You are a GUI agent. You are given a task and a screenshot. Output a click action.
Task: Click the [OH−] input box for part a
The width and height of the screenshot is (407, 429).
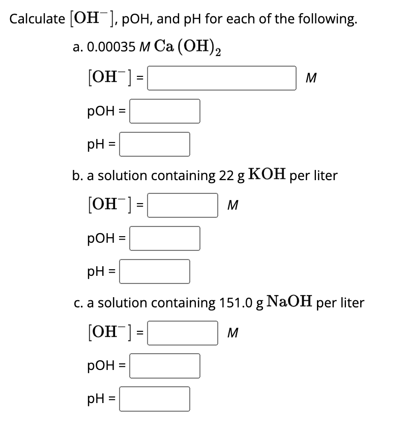[222, 78]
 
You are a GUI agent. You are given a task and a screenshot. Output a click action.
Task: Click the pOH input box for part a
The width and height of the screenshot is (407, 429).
[164, 111]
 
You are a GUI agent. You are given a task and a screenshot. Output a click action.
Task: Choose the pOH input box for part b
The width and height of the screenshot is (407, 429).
[164, 238]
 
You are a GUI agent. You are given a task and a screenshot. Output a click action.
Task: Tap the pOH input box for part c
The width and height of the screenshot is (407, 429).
[164, 365]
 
